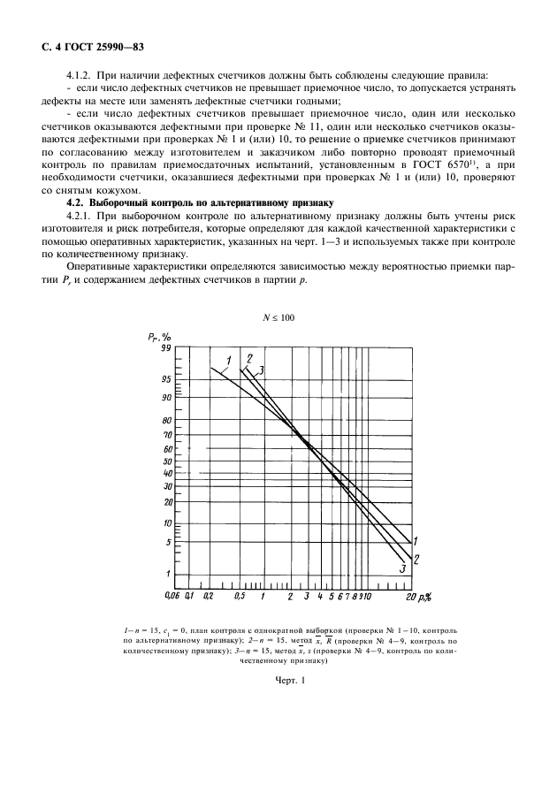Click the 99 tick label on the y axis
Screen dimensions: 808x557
click(164, 348)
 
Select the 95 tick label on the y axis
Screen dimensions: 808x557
click(164, 379)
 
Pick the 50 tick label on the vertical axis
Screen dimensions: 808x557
click(164, 461)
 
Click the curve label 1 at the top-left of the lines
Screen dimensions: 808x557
click(228, 360)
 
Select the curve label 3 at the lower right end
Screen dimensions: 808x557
click(402, 570)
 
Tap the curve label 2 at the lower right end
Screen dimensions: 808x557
click(415, 558)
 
